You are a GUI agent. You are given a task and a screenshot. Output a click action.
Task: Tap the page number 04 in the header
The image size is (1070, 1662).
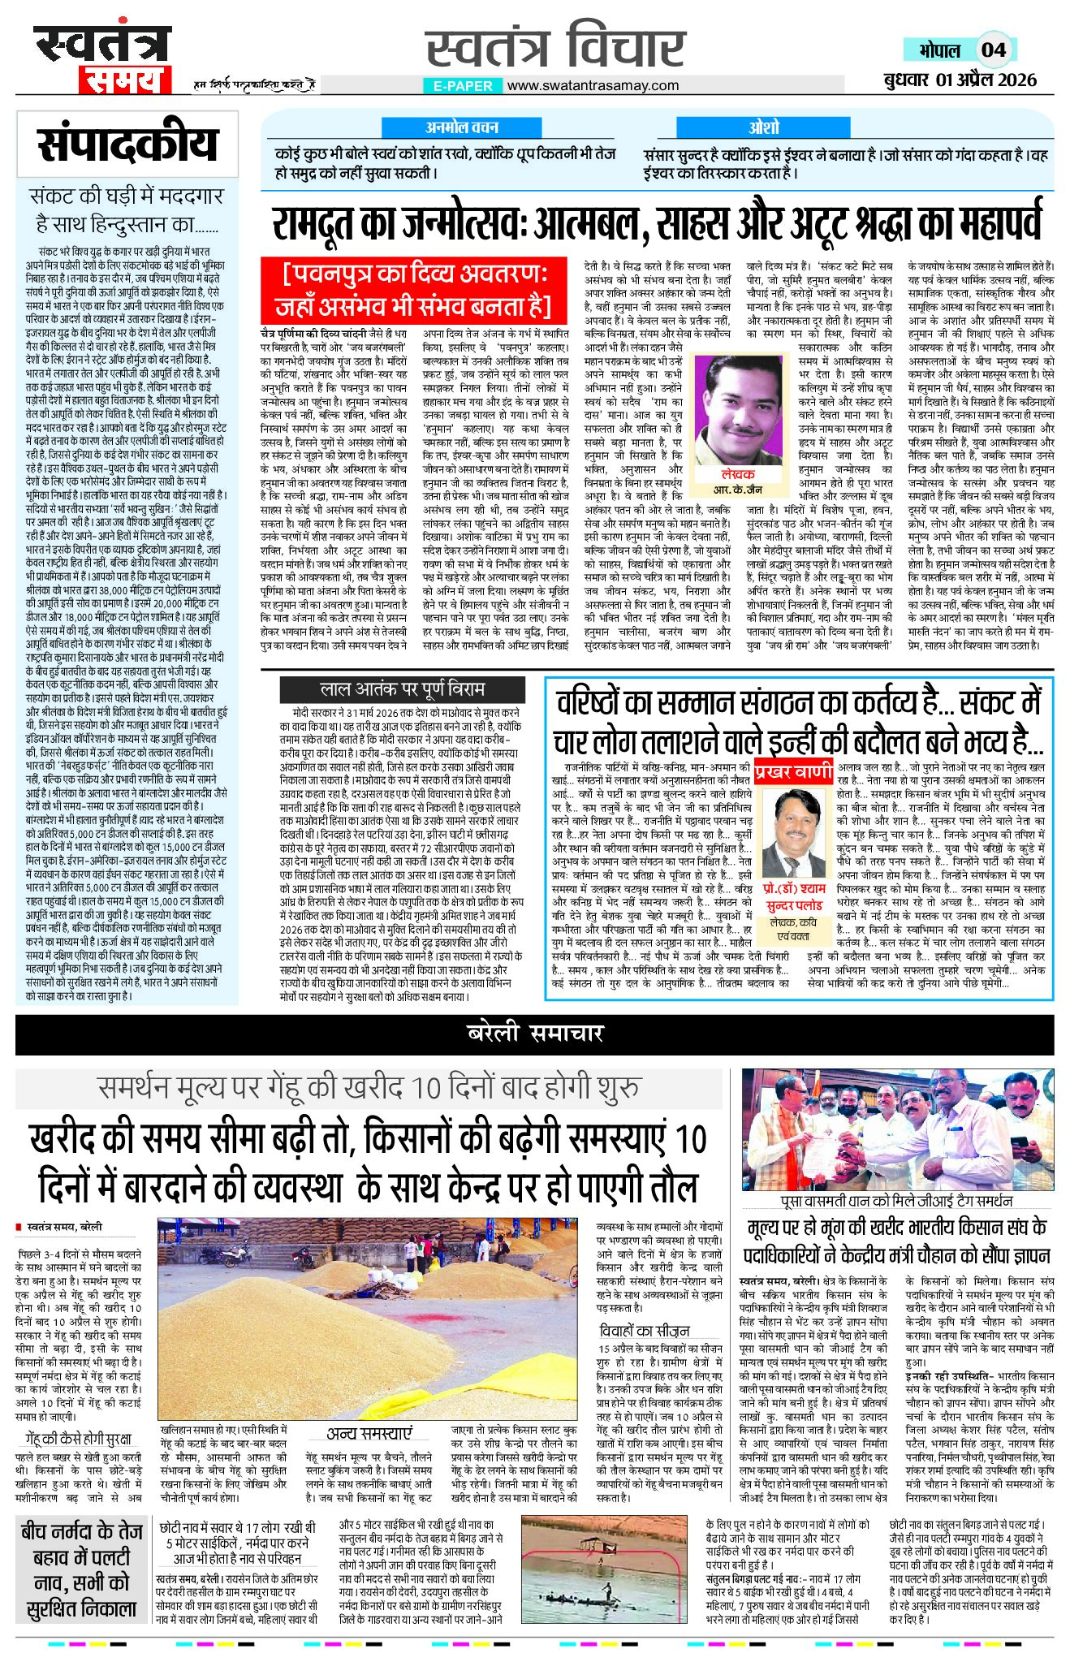pos(993,50)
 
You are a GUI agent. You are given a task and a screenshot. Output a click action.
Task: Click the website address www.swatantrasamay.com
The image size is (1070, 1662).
pos(593,85)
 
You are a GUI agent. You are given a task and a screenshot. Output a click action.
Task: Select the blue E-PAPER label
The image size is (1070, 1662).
pos(463,85)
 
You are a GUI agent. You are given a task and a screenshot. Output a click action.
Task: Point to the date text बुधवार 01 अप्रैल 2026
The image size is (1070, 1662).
pos(961,80)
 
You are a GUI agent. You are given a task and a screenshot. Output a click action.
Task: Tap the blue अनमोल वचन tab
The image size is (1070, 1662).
pos(462,127)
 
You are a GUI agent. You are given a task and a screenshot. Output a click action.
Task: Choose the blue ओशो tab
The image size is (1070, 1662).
pos(763,127)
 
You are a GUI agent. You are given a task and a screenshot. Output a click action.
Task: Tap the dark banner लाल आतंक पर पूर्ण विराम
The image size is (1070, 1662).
pos(402,689)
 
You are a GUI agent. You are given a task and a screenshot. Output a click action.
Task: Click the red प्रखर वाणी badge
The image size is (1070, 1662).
pos(792,771)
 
